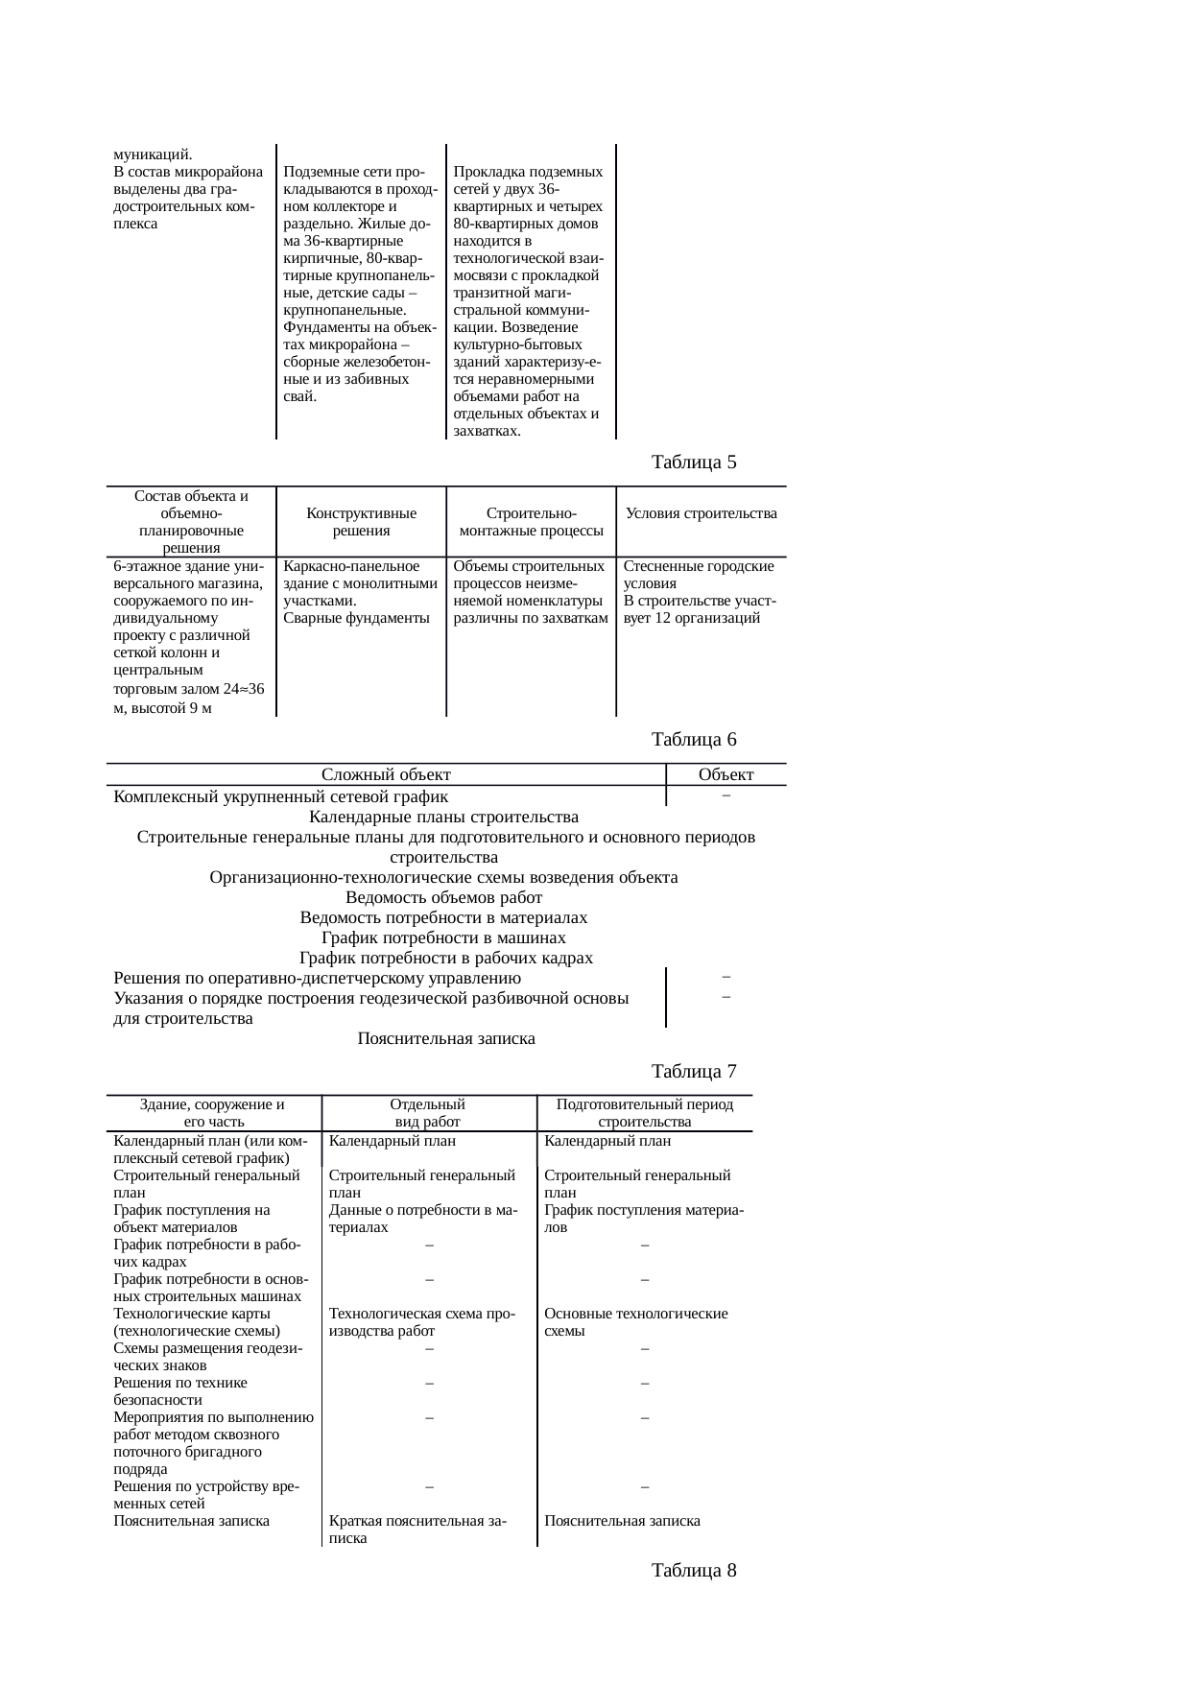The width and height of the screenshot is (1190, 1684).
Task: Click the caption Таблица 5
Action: click(x=694, y=463)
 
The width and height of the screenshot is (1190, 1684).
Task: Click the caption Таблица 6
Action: click(x=694, y=739)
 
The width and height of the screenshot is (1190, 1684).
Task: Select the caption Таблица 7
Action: click(x=694, y=1071)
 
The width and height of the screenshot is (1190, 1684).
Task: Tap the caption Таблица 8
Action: click(x=694, y=1571)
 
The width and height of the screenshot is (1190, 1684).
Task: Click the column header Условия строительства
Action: click(x=701, y=513)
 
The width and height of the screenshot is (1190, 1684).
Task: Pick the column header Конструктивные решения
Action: click(x=361, y=522)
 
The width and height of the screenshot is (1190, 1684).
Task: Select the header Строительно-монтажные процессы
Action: click(x=531, y=522)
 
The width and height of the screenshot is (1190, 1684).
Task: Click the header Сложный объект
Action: click(x=386, y=774)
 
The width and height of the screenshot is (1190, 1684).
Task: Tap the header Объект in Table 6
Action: click(x=726, y=774)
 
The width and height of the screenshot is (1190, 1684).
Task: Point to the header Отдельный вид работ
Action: click(x=428, y=1113)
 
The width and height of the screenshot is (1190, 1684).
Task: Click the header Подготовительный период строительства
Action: click(x=644, y=1113)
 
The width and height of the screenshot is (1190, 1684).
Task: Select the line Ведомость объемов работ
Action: click(x=443, y=897)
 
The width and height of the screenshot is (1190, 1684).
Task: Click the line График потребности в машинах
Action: click(x=443, y=937)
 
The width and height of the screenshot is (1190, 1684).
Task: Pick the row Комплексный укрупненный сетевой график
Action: click(x=280, y=796)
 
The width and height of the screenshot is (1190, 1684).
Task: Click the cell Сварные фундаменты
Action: click(x=356, y=618)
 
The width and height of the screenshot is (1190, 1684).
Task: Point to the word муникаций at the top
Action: click(x=153, y=154)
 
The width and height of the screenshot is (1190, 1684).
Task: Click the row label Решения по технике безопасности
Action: click(x=180, y=1391)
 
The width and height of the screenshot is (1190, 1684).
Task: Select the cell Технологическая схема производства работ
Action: click(x=423, y=1322)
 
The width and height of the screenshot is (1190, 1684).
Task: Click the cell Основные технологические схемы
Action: click(x=635, y=1322)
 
